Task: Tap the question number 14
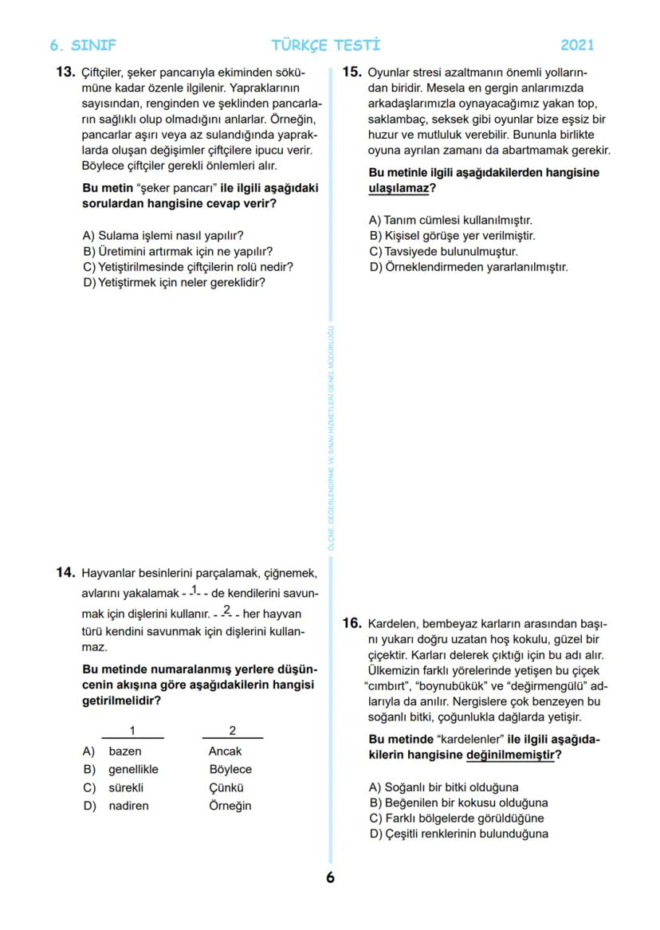(x=65, y=572)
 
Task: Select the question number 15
(x=352, y=72)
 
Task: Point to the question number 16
(x=352, y=623)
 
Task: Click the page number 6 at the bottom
(x=330, y=877)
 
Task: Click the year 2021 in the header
(x=577, y=45)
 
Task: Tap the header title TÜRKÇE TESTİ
(x=326, y=45)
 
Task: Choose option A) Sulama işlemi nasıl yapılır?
(x=163, y=236)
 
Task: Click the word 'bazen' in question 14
(x=125, y=751)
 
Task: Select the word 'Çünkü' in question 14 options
(x=226, y=787)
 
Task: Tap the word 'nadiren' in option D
(x=128, y=806)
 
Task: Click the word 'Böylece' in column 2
(x=230, y=770)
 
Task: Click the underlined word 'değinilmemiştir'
(x=510, y=754)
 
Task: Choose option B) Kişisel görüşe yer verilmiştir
(x=452, y=236)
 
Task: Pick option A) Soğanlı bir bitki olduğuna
(x=443, y=787)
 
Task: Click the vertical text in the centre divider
(x=331, y=438)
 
